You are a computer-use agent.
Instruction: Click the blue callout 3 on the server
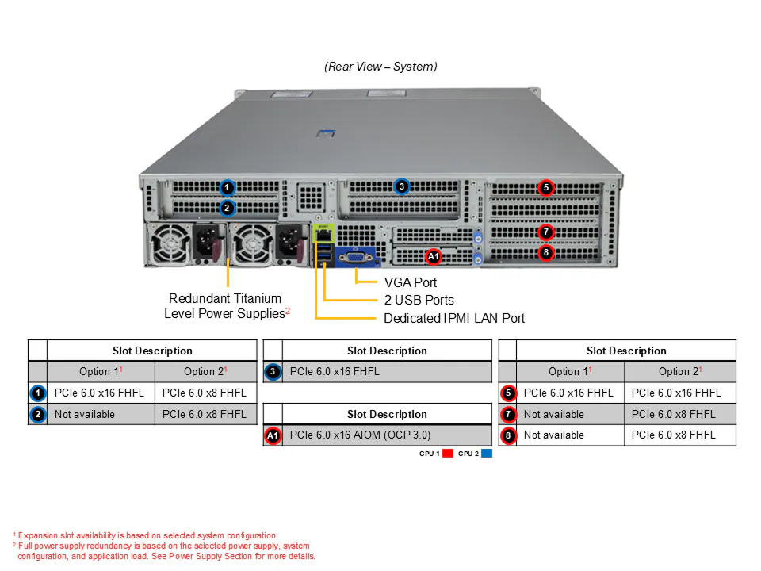pos(401,186)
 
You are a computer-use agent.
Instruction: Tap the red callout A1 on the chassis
pos(434,256)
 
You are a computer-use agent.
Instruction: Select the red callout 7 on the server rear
pos(546,232)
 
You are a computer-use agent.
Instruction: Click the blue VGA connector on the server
pos(356,257)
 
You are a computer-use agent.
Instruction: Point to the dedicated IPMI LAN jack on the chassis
pos(323,236)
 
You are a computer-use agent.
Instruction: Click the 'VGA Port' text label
pos(411,282)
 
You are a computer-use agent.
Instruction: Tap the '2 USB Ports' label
pos(419,300)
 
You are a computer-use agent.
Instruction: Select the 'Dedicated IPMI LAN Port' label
pos(454,319)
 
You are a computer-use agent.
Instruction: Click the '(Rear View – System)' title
pos(380,67)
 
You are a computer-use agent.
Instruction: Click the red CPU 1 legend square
pos(448,454)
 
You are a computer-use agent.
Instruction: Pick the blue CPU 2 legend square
pos(486,454)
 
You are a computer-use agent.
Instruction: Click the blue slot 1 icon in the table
pos(38,393)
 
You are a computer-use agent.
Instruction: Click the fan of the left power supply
pos(169,244)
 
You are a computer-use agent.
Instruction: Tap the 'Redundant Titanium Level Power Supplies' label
pos(226,306)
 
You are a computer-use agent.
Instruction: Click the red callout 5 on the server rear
pos(546,187)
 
